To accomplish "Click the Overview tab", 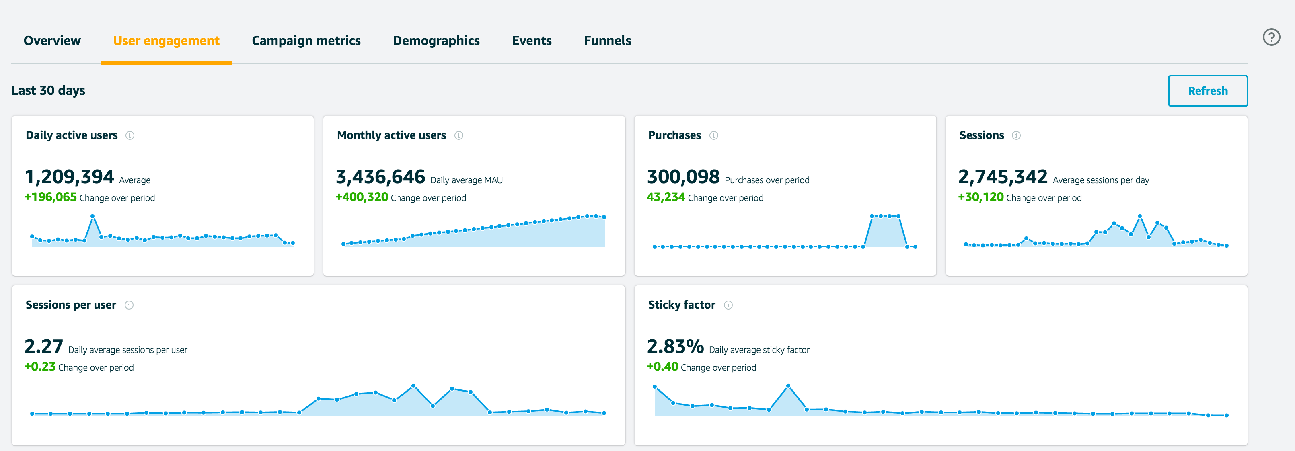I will click(52, 41).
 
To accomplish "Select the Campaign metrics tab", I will click(306, 41).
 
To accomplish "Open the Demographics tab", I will click(436, 41).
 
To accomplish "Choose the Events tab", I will click(531, 41).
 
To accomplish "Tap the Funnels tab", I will click(607, 41).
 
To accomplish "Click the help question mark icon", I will click(1271, 37).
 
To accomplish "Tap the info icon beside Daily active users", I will click(129, 135).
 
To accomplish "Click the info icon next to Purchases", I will click(713, 135).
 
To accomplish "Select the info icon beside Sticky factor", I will click(728, 305).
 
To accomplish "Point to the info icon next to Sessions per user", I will click(129, 305).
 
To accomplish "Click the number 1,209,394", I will click(69, 177).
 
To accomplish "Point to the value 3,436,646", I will click(380, 177).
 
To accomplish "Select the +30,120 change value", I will click(980, 197).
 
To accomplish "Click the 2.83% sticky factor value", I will click(675, 346).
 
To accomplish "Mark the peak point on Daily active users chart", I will click(92, 217).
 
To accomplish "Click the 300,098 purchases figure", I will click(683, 177).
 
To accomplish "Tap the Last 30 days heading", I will click(48, 91).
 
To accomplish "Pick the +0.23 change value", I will click(40, 367).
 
